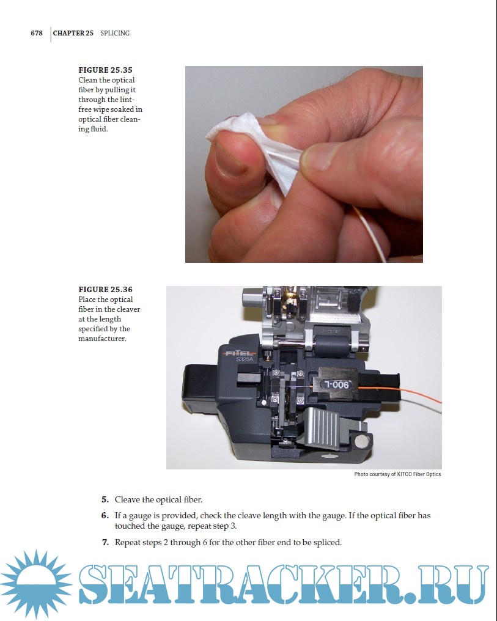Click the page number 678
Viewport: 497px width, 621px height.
(37, 33)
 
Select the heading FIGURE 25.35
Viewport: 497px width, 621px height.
(105, 70)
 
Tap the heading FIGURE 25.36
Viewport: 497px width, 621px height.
(105, 290)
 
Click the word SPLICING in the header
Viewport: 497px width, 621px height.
(115, 33)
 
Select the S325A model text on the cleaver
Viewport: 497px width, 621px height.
(245, 359)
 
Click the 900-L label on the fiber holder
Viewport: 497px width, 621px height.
(337, 384)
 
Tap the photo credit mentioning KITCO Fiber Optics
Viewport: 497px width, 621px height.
(397, 474)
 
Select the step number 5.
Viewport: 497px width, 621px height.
(105, 500)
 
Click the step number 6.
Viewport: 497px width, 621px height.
(105, 516)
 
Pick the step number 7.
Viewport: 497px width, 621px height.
(105, 542)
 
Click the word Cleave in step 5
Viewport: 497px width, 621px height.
(127, 500)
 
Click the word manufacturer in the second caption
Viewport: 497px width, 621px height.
(102, 339)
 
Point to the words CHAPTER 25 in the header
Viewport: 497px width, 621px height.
(73, 33)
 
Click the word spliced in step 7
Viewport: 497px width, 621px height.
(327, 543)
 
